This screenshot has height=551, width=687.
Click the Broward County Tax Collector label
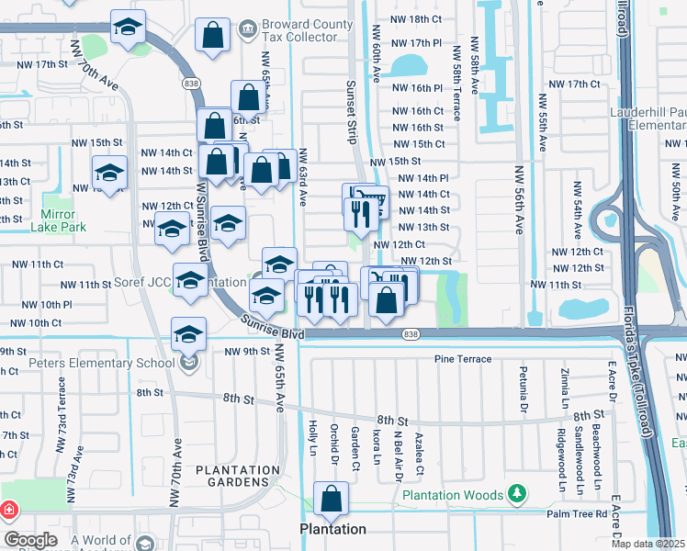pyautogui.click(x=307, y=35)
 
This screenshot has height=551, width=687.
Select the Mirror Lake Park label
pyautogui.click(x=63, y=220)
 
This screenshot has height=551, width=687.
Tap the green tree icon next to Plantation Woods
pyautogui.click(x=518, y=495)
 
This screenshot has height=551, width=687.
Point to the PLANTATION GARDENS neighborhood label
pyautogui.click(x=237, y=477)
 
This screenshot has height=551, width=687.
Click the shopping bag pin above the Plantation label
pyautogui.click(x=331, y=500)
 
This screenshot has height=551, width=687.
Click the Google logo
pyautogui.click(x=30, y=540)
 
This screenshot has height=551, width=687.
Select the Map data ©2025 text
pyautogui.click(x=648, y=544)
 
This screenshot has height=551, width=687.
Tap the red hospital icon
pyautogui.click(x=8, y=509)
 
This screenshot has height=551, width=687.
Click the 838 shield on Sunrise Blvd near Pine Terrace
pyautogui.click(x=411, y=335)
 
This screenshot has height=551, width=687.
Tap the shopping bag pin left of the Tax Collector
pyautogui.click(x=212, y=39)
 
